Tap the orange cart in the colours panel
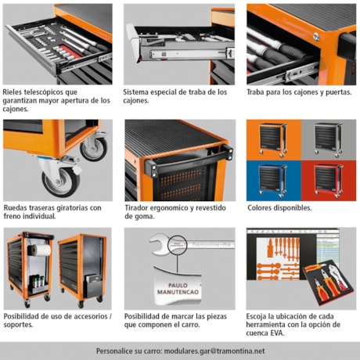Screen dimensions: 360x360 273,140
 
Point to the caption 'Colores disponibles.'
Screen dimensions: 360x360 279,208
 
